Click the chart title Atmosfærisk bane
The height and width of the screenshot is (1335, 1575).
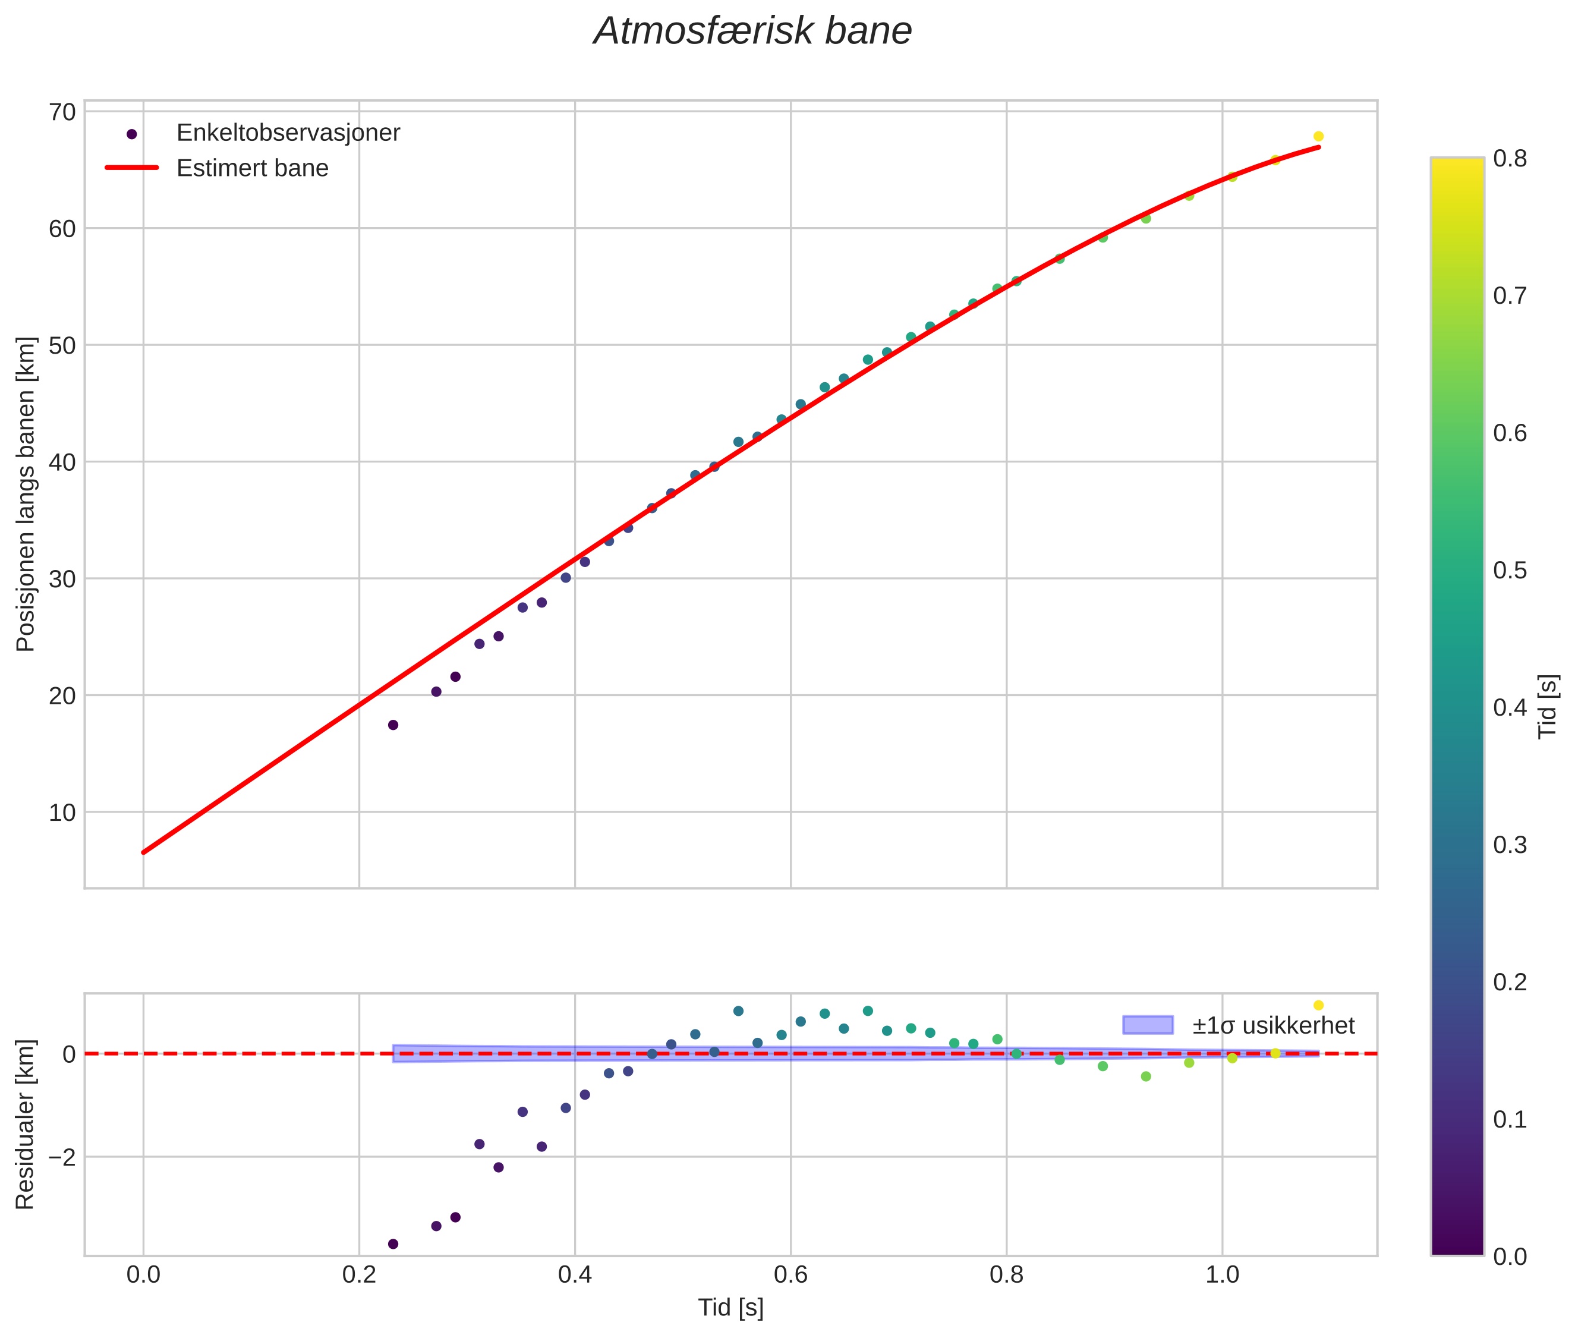tap(752, 32)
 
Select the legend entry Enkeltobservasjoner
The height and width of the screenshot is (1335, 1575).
tap(288, 133)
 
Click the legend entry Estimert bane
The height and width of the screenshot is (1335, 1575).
tap(252, 168)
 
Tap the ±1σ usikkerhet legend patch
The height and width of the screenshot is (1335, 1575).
tap(1148, 1025)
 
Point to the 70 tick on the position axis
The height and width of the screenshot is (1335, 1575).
tap(62, 112)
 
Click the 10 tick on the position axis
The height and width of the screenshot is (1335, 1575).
tap(62, 813)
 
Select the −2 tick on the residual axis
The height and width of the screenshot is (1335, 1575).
tap(61, 1157)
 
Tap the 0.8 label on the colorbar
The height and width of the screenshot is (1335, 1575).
tap(1509, 158)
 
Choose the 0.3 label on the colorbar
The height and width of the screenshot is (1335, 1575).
tap(1509, 845)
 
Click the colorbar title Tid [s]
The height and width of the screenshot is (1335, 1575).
tap(1548, 707)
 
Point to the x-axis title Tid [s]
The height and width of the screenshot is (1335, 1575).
tap(730, 1308)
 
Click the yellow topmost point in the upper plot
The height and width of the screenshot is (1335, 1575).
tap(1318, 136)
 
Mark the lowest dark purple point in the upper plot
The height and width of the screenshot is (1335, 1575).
tap(393, 725)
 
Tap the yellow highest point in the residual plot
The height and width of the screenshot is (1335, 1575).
tap(1318, 1005)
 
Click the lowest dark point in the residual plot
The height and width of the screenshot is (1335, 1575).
tap(393, 1244)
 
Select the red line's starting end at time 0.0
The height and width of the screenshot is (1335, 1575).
tap(144, 852)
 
